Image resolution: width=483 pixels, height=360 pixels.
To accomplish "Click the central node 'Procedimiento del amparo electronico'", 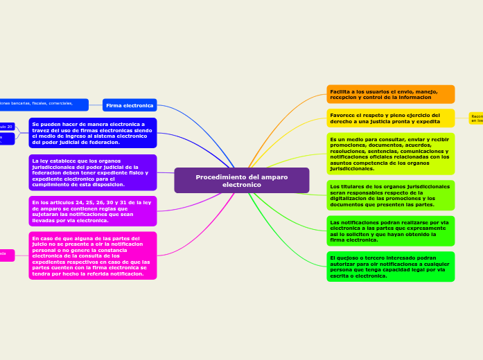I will pyautogui.click(x=241, y=180).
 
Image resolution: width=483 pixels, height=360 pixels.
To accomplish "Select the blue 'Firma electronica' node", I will pyautogui.click(x=130, y=105).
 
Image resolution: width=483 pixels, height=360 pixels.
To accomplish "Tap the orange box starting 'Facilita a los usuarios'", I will pyautogui.click(x=390, y=94).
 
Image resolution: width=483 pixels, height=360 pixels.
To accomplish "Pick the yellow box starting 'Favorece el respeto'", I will pyautogui.click(x=390, y=118).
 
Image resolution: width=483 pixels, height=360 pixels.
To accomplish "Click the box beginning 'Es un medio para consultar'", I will pyautogui.click(x=390, y=154).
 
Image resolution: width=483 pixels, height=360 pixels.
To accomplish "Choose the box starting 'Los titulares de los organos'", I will pyautogui.click(x=390, y=195).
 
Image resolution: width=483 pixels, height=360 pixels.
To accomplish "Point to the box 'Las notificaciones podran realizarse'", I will pyautogui.click(x=390, y=231).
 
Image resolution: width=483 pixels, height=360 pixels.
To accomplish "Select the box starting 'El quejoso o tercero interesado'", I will pyautogui.click(x=390, y=267).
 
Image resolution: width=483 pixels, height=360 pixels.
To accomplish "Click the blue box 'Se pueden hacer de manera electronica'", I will pyautogui.click(x=93, y=133).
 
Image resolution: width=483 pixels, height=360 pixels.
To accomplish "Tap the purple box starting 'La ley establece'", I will pyautogui.click(x=93, y=172).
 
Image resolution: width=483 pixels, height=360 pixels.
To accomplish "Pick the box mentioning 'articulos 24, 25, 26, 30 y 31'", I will pyautogui.click(x=93, y=211).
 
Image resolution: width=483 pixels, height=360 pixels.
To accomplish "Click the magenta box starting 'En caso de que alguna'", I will pyautogui.click(x=93, y=255).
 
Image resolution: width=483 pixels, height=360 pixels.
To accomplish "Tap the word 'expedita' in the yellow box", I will pyautogui.click(x=428, y=121).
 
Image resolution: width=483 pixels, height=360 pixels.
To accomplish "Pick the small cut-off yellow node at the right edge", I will pyautogui.click(x=476, y=118).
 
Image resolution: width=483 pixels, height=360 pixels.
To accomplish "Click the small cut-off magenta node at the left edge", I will pyautogui.click(x=6, y=255).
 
